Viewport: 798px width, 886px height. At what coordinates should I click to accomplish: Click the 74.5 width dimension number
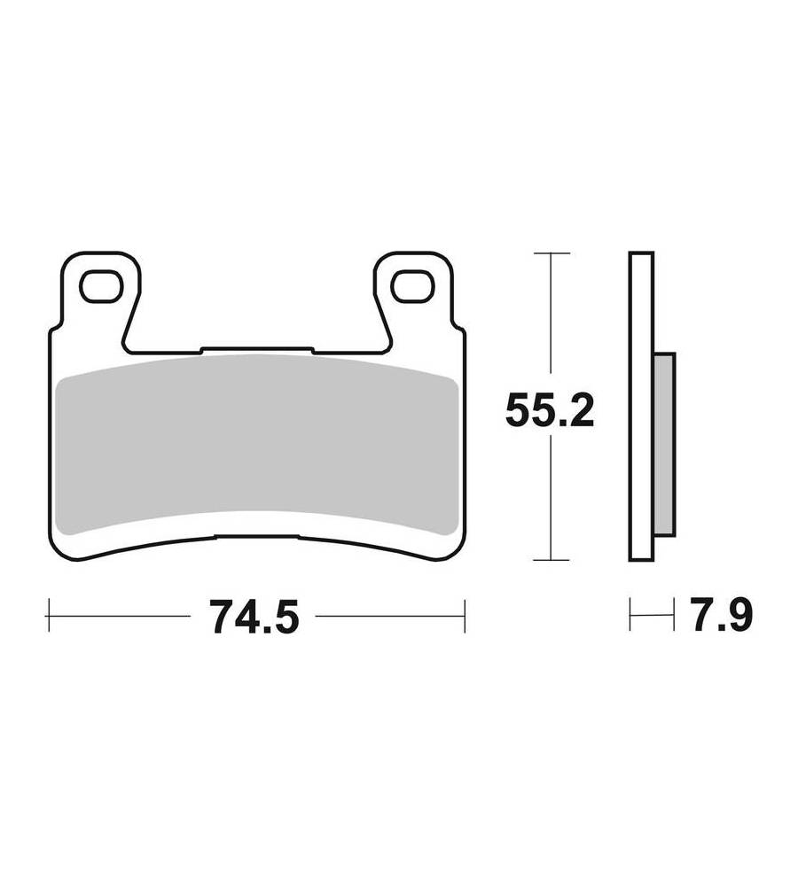click(254, 616)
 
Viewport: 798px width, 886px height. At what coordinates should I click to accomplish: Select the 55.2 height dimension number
click(550, 411)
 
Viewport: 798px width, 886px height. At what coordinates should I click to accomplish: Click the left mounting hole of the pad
click(102, 286)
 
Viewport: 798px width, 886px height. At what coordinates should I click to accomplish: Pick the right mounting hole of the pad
click(413, 286)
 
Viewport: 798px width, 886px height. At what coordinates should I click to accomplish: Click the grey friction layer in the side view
click(664, 444)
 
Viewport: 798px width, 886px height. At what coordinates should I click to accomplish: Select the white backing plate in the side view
click(641, 407)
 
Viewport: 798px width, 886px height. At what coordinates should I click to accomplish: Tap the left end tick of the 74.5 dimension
click(49, 616)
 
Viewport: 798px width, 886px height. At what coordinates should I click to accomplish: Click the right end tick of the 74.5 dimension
click(465, 616)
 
